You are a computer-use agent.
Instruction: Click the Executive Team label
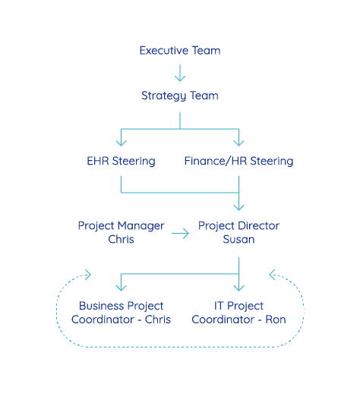pos(180,51)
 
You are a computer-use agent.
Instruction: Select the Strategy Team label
pos(180,96)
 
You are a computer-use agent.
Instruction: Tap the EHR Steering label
pos(121,162)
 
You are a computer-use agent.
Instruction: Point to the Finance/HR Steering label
pos(238,162)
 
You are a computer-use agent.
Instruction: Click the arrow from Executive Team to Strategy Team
pos(180,73)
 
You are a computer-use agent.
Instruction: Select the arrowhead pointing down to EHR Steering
pos(121,143)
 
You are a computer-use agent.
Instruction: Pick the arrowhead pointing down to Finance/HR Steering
pos(238,143)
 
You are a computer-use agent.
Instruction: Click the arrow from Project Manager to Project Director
pos(180,233)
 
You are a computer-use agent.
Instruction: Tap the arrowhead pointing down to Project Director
pos(238,207)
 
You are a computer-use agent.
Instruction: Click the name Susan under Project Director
pos(238,240)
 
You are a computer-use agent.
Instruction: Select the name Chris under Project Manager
pos(121,240)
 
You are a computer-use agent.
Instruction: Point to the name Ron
pos(276,319)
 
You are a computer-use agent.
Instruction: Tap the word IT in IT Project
pos(219,306)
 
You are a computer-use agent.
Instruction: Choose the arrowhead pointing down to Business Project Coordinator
pos(121,288)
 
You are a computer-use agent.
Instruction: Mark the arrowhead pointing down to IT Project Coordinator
pos(238,288)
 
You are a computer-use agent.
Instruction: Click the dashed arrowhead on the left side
pos(88,275)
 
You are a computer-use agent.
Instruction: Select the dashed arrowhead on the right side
pos(272,275)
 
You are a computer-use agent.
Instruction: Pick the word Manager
pos(141,226)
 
